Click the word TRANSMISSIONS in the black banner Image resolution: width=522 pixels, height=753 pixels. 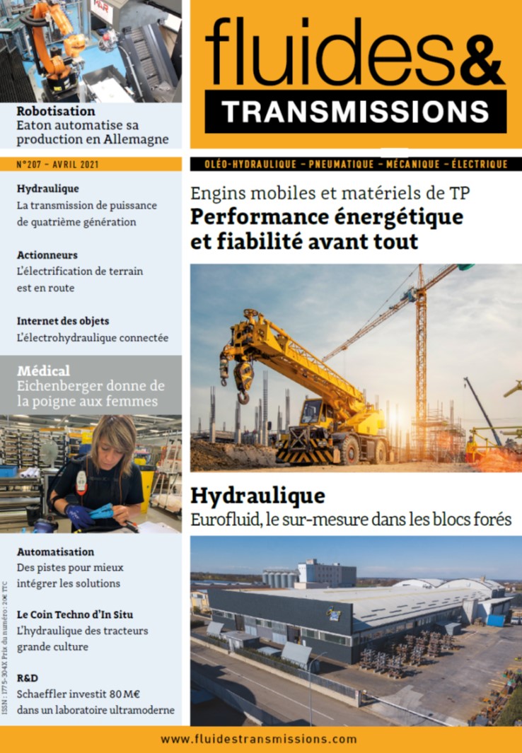[x=355, y=111]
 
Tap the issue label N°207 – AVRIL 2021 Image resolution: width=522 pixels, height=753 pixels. [x=57, y=164]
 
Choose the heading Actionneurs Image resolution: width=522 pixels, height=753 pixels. [x=47, y=255]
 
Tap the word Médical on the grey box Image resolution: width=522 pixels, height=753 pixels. [x=43, y=370]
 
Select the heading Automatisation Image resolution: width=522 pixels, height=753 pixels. [x=55, y=551]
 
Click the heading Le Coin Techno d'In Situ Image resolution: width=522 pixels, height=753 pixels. [x=74, y=614]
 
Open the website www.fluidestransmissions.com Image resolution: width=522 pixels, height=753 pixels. [x=259, y=739]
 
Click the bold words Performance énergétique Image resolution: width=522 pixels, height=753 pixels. [x=327, y=216]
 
